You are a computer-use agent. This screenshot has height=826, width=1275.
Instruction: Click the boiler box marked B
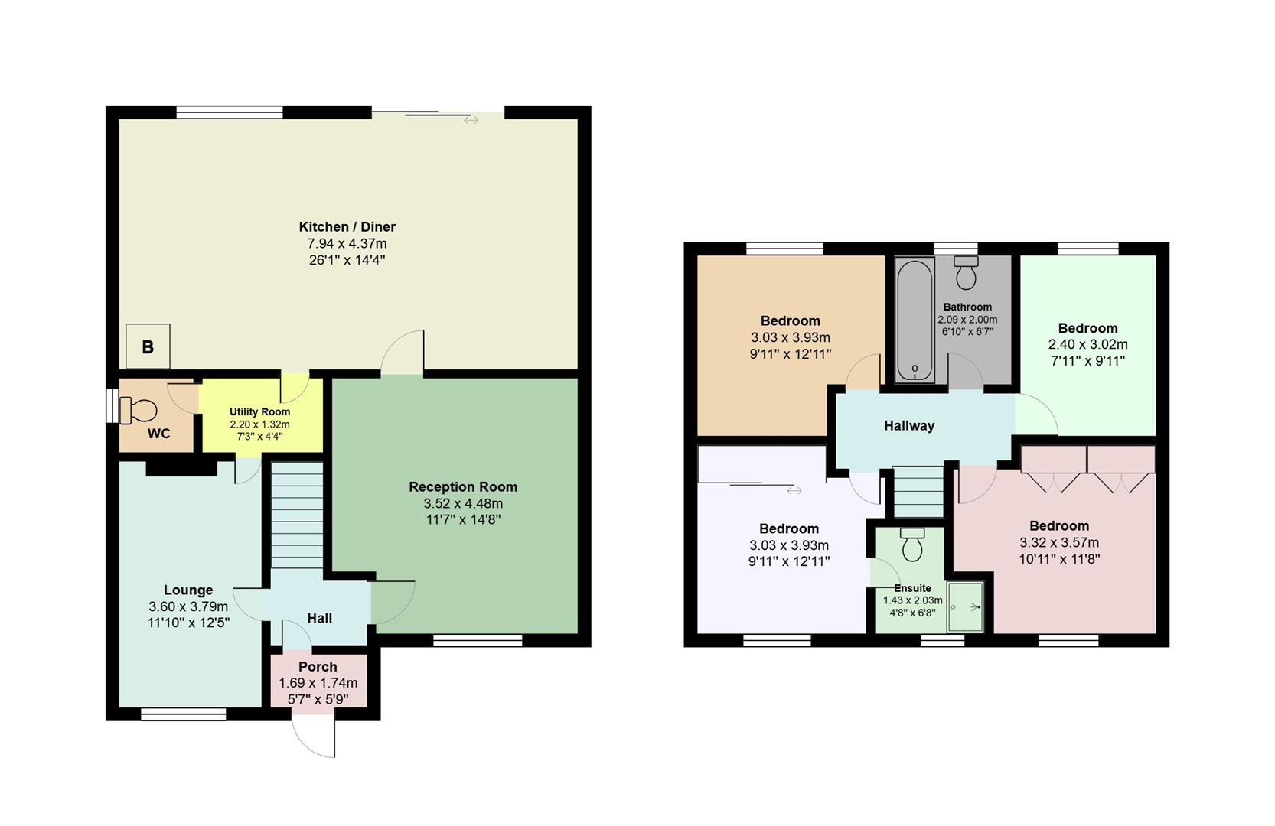148,346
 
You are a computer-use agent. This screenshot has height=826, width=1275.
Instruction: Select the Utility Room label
259,411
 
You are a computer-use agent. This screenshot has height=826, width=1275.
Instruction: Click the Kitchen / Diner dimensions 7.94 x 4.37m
347,243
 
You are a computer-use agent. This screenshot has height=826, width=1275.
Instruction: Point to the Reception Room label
462,486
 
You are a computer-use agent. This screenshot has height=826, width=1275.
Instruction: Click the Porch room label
318,666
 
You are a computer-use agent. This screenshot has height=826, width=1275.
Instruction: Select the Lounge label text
188,590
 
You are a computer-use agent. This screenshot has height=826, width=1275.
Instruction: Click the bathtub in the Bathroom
915,320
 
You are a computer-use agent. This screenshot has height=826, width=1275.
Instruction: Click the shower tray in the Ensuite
966,606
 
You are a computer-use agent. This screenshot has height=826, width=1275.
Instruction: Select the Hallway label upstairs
909,425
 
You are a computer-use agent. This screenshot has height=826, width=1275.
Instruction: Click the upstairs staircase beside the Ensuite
919,491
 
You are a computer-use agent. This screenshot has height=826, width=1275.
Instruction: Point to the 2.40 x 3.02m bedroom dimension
1087,344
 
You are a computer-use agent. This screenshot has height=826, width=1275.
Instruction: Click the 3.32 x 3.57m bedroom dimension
1058,542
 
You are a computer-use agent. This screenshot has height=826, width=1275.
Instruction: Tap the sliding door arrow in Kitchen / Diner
471,120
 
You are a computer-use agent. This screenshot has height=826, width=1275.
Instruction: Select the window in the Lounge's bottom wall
184,714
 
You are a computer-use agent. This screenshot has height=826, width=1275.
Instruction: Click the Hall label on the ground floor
319,617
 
